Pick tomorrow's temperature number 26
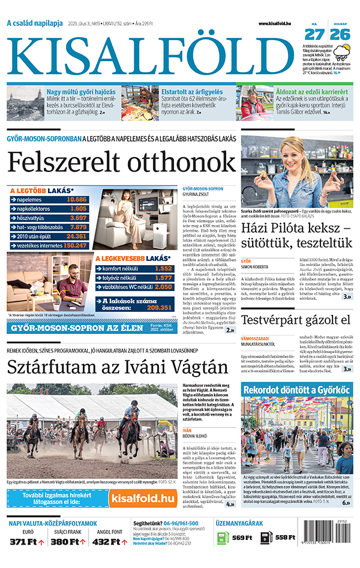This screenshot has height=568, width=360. point(340,35)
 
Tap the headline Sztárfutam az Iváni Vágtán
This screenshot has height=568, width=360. point(118,366)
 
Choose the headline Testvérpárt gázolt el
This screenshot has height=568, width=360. point(296,320)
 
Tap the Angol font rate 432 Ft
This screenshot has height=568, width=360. point(106,542)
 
